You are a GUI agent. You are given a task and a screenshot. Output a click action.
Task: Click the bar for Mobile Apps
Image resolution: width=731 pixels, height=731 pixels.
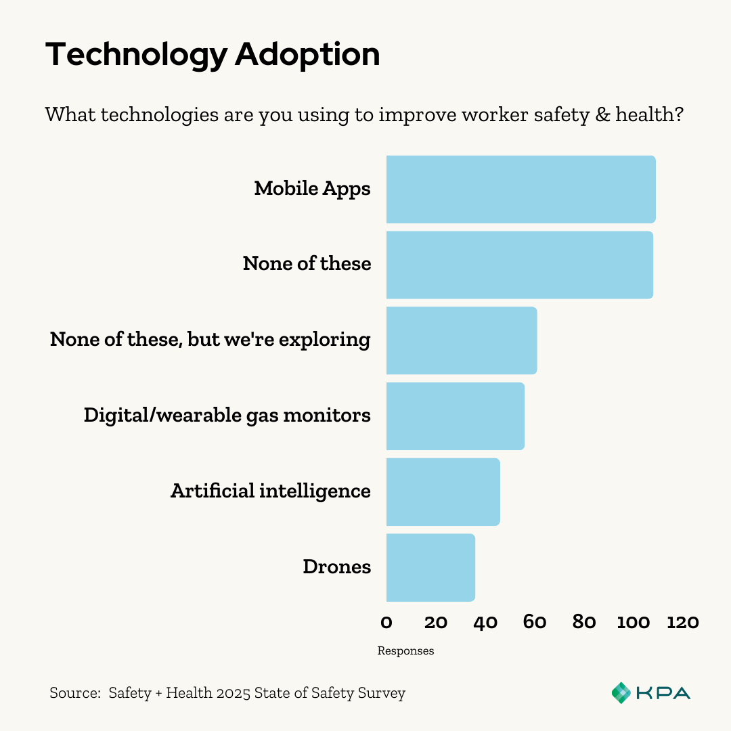[520, 190]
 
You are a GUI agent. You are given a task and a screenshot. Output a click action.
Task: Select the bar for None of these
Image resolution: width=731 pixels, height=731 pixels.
[519, 265]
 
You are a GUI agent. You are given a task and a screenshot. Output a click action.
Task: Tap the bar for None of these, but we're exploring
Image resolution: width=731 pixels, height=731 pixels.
[462, 340]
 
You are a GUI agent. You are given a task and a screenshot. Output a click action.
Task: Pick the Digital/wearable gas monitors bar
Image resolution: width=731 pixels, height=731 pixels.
[456, 416]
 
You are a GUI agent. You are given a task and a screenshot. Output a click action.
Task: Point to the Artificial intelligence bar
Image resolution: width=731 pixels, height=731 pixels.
[443, 491]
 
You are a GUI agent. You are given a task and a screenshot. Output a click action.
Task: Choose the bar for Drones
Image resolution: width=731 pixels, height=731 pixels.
[430, 567]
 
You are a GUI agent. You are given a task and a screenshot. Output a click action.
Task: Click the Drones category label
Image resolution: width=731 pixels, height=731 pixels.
[337, 567]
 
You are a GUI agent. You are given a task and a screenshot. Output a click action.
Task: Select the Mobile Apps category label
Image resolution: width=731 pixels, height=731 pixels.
[312, 188]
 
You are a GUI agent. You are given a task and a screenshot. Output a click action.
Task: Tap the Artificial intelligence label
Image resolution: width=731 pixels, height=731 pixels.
[270, 491]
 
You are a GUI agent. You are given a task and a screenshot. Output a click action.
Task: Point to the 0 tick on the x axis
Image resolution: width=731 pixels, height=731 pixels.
[386, 621]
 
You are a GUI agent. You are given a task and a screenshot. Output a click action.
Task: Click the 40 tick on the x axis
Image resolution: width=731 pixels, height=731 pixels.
[485, 621]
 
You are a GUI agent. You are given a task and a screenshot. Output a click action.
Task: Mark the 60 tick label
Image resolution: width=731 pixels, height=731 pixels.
[535, 621]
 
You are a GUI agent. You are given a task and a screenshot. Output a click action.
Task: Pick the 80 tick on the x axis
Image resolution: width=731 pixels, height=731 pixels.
[584, 621]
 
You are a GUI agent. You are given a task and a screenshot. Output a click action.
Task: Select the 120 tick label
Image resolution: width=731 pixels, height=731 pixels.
[682, 621]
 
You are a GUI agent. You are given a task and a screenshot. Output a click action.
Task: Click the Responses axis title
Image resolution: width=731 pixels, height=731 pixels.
[405, 651]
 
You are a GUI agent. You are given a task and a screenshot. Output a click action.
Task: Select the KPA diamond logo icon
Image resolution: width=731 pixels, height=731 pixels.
[621, 692]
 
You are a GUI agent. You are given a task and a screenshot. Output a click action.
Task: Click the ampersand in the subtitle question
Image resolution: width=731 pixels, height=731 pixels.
[602, 114]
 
